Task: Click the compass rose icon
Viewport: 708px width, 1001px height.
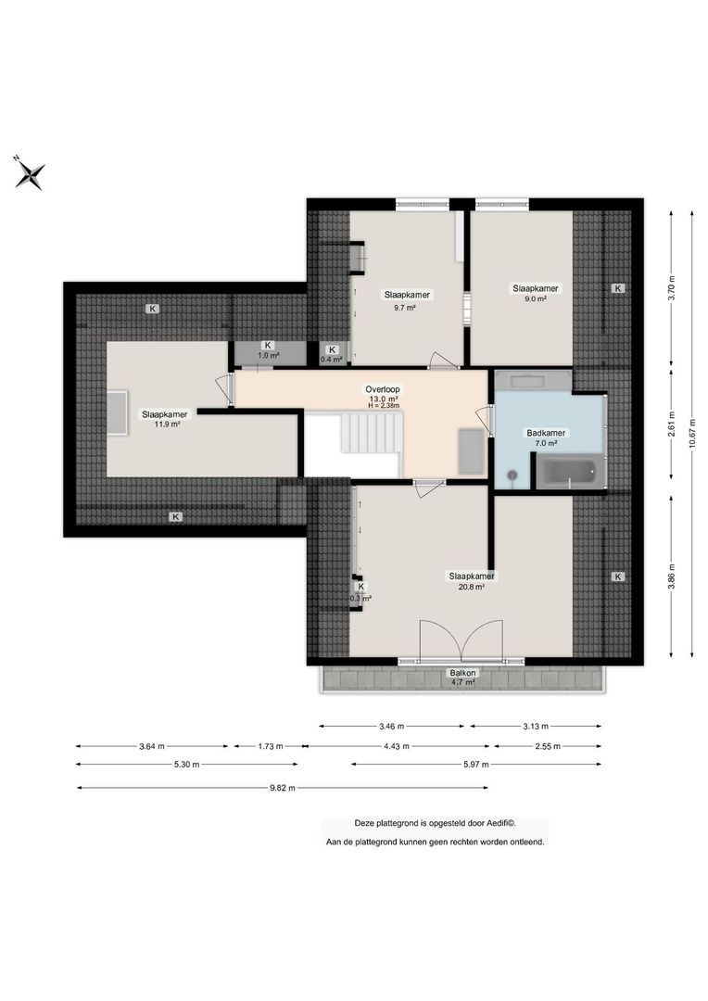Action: coord(30,172)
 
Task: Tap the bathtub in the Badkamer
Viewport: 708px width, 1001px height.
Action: coord(568,473)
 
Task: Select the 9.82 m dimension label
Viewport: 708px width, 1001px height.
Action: coord(282,788)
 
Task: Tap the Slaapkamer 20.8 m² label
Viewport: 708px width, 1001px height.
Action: coord(471,581)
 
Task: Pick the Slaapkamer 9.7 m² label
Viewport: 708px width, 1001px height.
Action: coord(407,300)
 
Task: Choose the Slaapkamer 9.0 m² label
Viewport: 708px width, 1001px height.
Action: coord(535,294)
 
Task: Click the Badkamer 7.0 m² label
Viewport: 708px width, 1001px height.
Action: coord(547,438)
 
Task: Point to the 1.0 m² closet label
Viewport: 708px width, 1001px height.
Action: coord(268,350)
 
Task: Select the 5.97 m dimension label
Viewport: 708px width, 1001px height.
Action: coord(474,765)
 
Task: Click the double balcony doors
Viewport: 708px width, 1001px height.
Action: coord(461,640)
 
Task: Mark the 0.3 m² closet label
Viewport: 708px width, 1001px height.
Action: coord(360,592)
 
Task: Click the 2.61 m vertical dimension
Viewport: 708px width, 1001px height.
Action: coord(673,428)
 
